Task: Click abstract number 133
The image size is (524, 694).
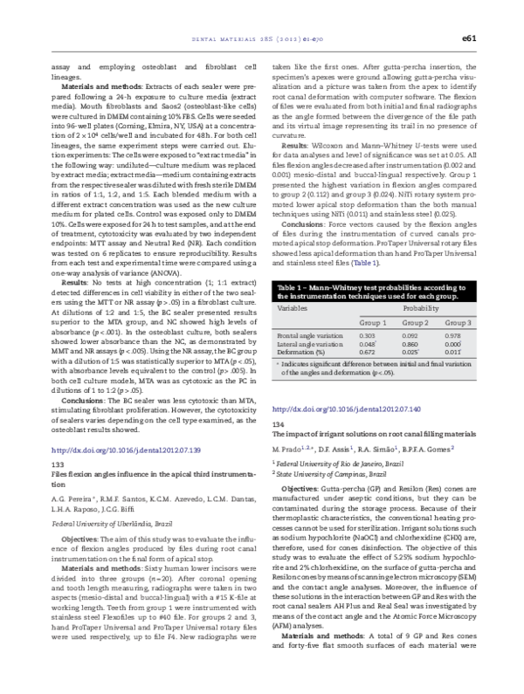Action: pos(60,463)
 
